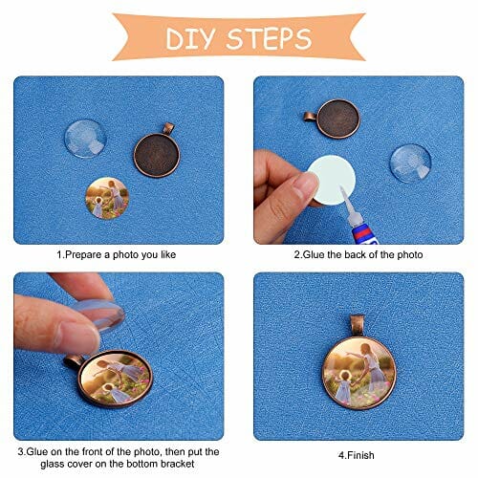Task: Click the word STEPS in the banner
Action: [269, 38]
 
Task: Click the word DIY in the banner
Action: [189, 39]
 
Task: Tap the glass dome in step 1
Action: [85, 139]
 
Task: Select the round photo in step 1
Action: [107, 198]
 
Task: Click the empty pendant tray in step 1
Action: [157, 155]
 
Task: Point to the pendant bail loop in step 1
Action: [168, 128]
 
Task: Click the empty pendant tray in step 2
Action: [338, 119]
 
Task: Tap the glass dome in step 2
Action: [411, 163]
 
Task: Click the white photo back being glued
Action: [333, 180]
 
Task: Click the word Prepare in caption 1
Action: [83, 255]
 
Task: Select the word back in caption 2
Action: [356, 254]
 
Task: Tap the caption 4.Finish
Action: [357, 455]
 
